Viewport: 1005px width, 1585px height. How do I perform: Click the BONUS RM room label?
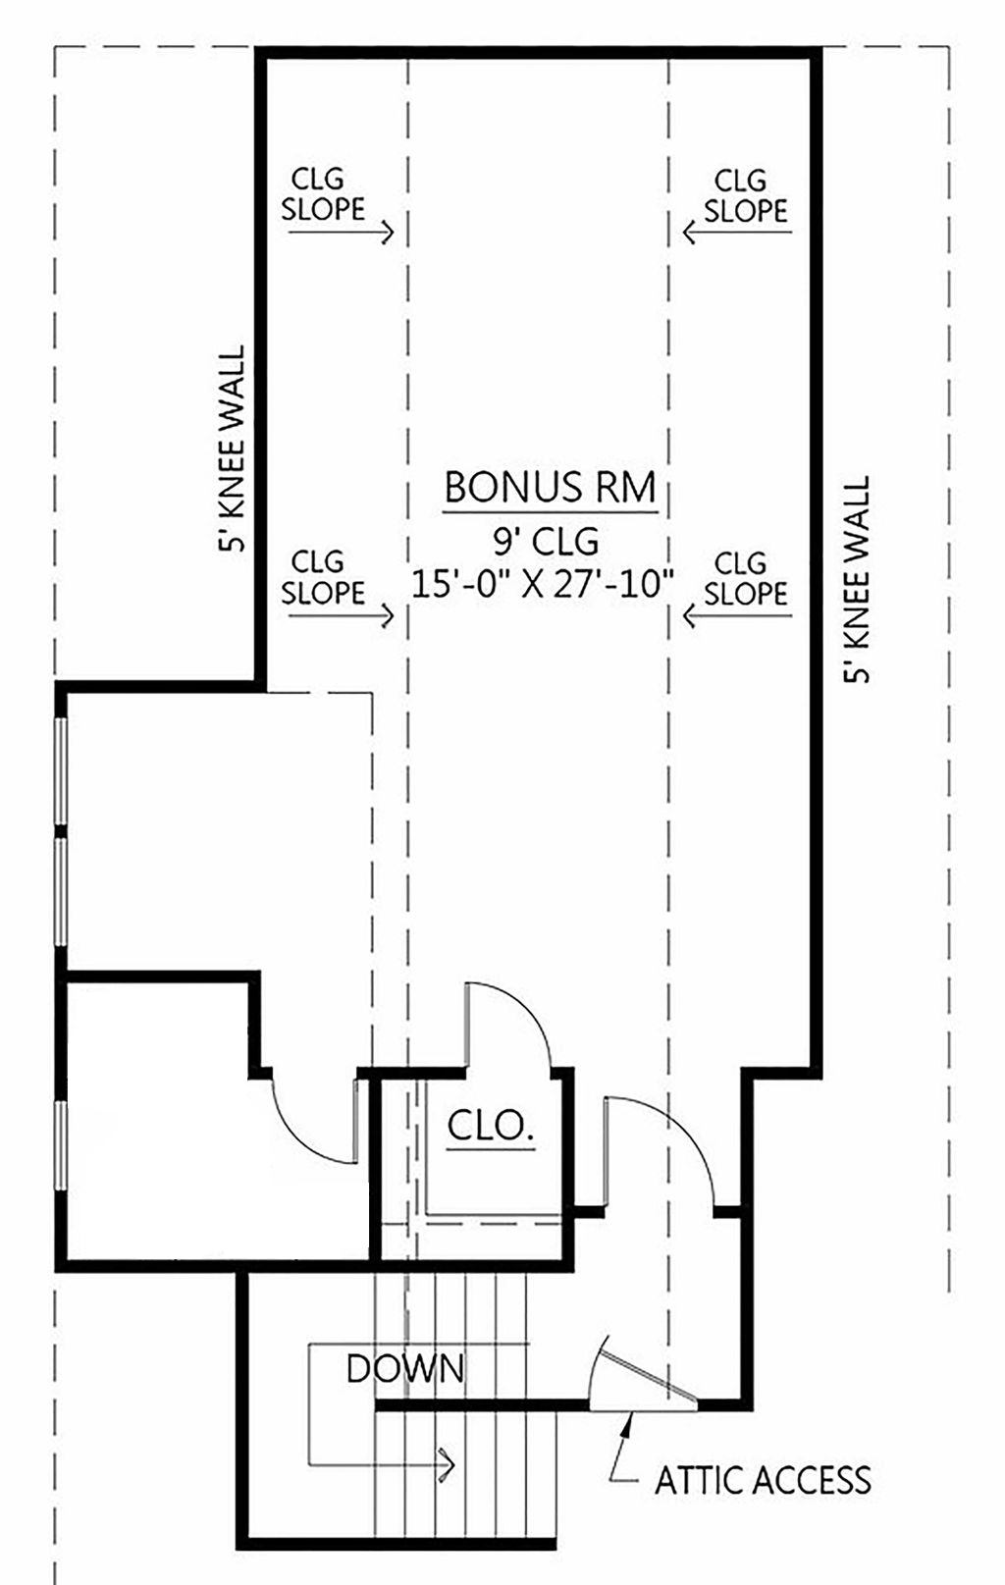click(550, 487)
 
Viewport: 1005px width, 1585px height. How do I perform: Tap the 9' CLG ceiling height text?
click(546, 542)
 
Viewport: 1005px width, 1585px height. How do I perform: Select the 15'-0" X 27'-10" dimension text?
click(542, 585)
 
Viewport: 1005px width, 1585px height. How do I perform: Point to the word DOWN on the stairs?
click(405, 1368)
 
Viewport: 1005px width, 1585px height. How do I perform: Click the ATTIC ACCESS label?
click(763, 1480)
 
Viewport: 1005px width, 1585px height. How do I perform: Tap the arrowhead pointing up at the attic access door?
click(626, 1425)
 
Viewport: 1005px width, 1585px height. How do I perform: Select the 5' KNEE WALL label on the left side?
click(232, 449)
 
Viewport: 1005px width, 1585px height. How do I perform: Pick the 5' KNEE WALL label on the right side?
click(856, 579)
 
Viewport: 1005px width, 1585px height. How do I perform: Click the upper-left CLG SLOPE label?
click(323, 194)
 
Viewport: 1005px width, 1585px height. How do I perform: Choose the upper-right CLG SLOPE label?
click(746, 196)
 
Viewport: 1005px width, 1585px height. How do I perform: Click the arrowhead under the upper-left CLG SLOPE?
click(388, 232)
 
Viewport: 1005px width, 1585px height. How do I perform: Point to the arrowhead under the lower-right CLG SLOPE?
click(689, 616)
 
